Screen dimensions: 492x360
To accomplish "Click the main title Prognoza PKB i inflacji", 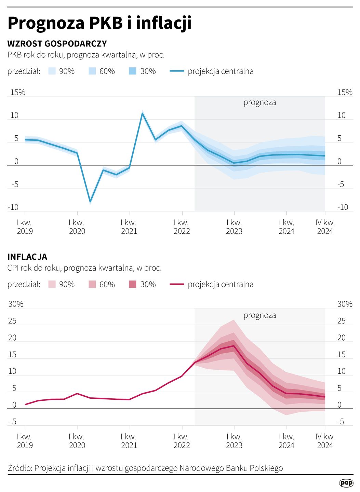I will click(x=99, y=23).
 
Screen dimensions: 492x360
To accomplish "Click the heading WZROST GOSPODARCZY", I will click(x=57, y=44).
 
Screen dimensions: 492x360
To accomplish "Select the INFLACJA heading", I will click(x=27, y=257).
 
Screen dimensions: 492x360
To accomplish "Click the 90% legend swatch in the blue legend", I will click(x=52, y=71).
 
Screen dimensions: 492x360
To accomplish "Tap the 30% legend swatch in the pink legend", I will click(x=133, y=284).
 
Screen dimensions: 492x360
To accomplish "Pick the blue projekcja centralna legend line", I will click(x=177, y=71).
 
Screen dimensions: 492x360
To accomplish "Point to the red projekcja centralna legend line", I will click(x=177, y=284).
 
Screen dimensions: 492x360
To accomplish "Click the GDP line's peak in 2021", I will click(x=142, y=113).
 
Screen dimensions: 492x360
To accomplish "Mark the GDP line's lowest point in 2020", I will click(x=90, y=202).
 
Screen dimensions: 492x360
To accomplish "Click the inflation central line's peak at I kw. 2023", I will click(x=234, y=345).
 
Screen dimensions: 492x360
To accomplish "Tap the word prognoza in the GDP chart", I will click(x=259, y=102).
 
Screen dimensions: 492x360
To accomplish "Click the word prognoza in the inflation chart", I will click(x=259, y=315).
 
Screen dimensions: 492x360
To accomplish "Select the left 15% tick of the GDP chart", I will click(x=18, y=92).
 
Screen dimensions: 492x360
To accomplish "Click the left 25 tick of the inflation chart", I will click(x=12, y=321).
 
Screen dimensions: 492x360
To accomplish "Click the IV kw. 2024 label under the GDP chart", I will click(x=325, y=227).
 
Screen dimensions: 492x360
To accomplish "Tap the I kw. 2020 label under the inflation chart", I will click(x=77, y=441).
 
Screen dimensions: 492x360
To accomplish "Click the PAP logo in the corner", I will click(x=346, y=482).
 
